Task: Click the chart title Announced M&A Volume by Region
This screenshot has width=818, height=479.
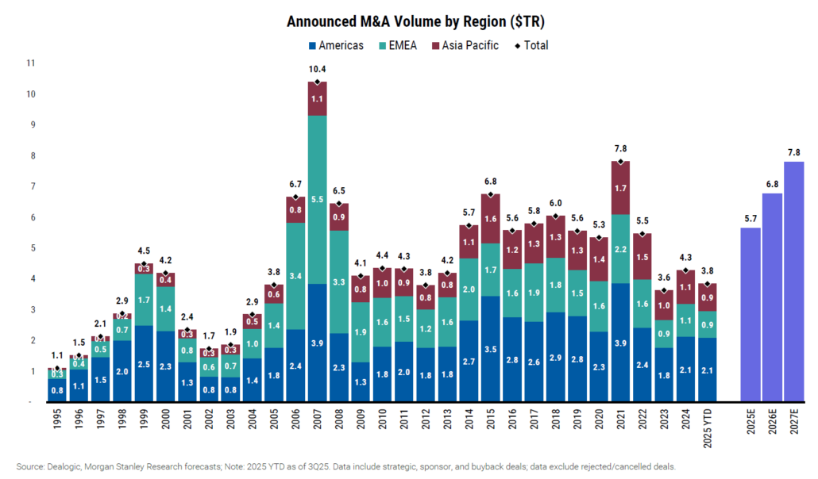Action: point(408,21)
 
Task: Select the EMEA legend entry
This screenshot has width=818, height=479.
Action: point(400,45)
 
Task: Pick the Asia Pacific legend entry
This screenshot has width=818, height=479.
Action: point(465,45)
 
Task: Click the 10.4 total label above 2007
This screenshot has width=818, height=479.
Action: point(317,70)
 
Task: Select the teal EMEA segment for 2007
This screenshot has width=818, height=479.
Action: point(317,199)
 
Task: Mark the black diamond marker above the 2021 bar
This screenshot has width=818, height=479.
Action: point(620,162)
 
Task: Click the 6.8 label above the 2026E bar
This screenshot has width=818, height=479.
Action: point(772,183)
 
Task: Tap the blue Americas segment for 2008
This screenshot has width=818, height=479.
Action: point(338,367)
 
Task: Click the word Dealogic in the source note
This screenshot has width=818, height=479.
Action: point(66,466)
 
